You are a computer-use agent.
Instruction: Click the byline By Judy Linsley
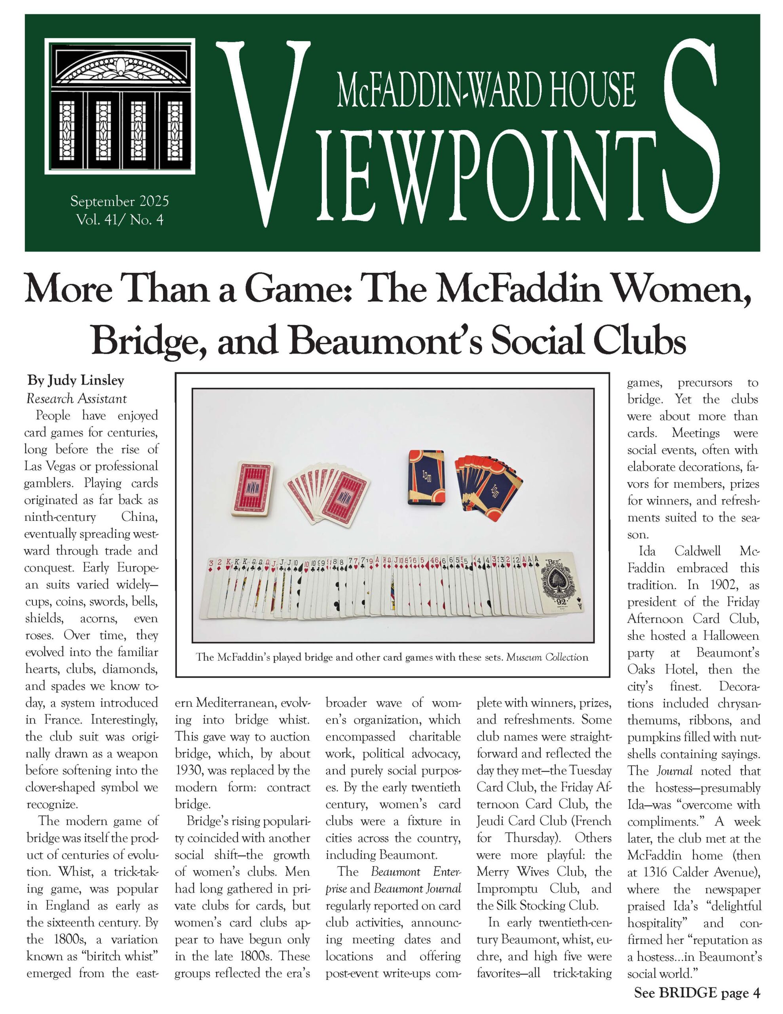coord(76,381)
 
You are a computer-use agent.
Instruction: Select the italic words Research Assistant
coord(76,398)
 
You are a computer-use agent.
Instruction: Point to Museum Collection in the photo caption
coord(547,658)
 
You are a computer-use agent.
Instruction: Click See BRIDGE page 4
coord(697,992)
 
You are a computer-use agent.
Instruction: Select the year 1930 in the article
coord(188,770)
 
